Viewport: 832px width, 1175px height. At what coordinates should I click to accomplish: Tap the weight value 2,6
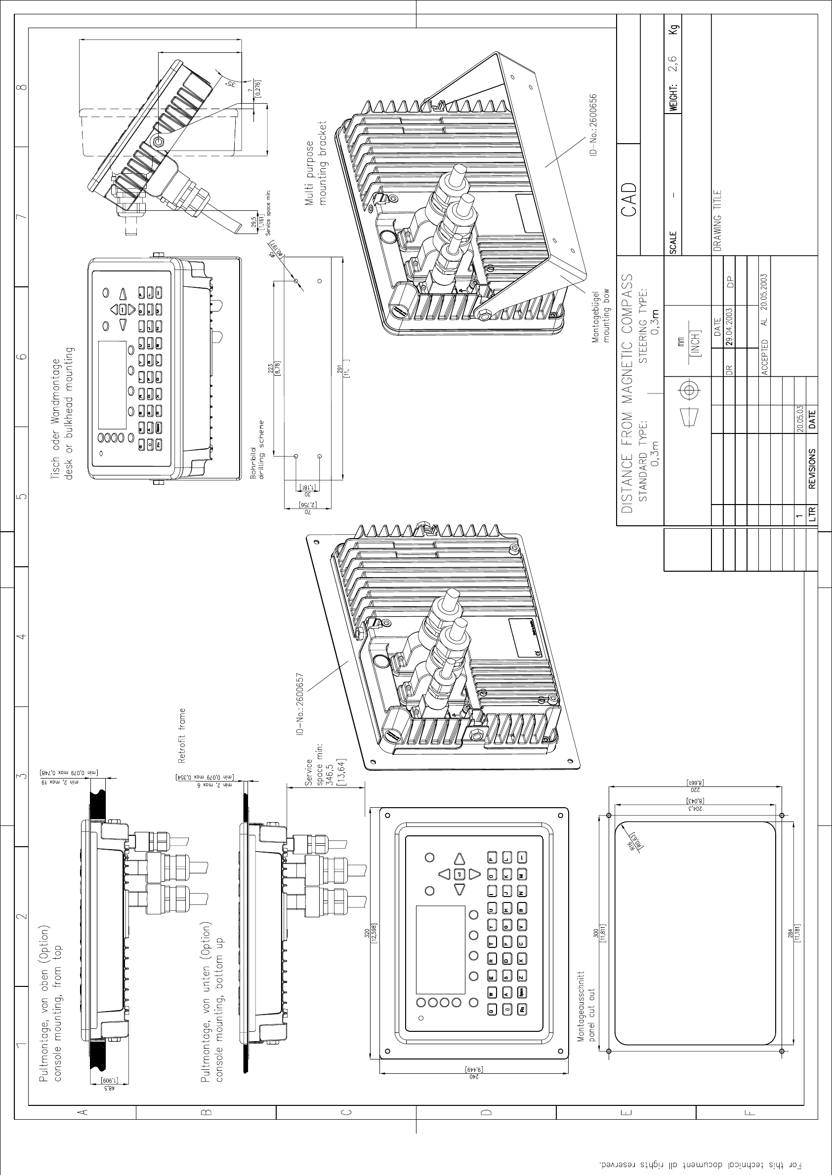(674, 65)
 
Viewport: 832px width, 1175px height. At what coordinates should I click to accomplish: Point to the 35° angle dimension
(231, 83)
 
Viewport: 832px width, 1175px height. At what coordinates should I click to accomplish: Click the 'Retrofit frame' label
(182, 735)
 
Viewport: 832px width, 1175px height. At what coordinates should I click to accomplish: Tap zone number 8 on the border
(22, 87)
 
